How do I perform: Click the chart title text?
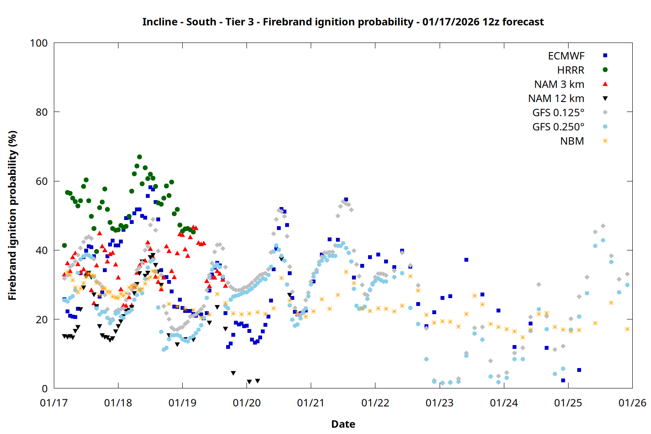(343, 22)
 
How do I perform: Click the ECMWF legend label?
(566, 56)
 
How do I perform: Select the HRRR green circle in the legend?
(605, 70)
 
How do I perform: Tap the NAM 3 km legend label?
(559, 84)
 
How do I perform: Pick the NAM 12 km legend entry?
(556, 99)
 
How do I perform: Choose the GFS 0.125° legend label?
(558, 113)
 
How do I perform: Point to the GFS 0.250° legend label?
(558, 127)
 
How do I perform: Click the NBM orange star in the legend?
(605, 141)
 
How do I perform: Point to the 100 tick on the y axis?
(39, 43)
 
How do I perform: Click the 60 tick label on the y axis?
(42, 181)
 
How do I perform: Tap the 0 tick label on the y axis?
(45, 389)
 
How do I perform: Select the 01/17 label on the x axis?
(54, 403)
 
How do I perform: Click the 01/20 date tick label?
(247, 403)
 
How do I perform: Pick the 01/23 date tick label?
(440, 403)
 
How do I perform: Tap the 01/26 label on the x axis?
(632, 403)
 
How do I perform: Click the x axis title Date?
(343, 424)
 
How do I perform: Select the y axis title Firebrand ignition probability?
(12, 215)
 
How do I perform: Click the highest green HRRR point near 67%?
(139, 157)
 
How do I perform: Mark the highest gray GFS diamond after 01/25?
(603, 226)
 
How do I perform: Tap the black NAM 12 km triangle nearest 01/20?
(249, 382)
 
